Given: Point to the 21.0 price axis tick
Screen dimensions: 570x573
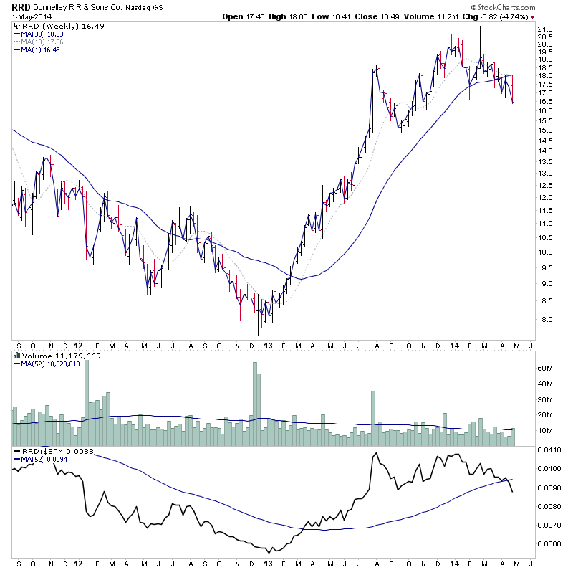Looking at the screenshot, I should [546, 29].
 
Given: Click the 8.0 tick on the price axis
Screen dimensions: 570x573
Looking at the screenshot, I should [546, 320].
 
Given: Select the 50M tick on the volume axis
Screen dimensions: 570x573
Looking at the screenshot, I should [547, 368].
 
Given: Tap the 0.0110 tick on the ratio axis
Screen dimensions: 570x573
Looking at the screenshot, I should [552, 450].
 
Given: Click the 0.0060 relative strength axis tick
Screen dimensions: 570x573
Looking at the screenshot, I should [552, 543].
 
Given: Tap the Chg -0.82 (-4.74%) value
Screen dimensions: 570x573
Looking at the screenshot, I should [504, 16].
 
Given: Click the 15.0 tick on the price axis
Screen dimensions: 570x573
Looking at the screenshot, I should [546, 130].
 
